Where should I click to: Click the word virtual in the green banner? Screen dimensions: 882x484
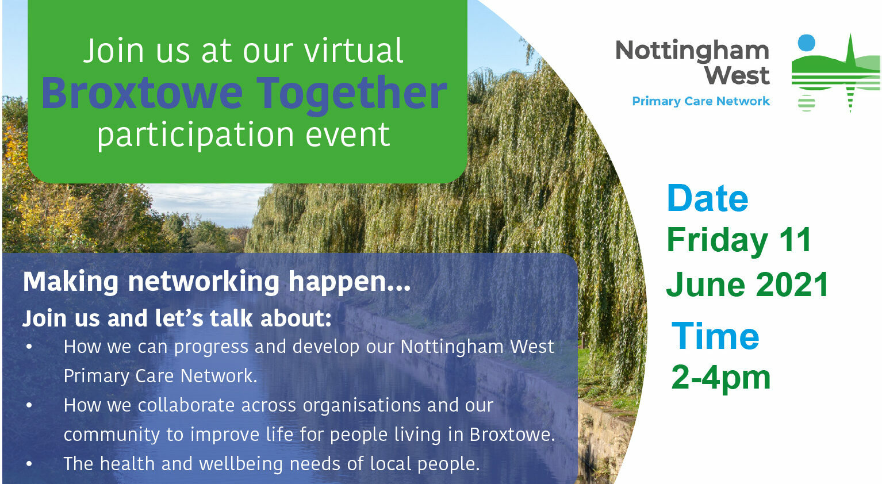tap(354, 51)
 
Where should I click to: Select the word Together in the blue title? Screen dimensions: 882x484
tap(352, 94)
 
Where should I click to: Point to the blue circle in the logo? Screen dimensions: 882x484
tap(806, 43)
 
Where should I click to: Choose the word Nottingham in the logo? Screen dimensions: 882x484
tap(693, 51)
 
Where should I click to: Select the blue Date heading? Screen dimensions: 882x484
tap(708, 198)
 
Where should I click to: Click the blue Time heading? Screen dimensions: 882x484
tap(715, 336)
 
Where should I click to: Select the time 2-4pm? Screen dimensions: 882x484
tap(720, 378)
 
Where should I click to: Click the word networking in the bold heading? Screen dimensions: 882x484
tap(204, 283)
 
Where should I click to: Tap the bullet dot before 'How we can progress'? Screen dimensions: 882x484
tap(29, 347)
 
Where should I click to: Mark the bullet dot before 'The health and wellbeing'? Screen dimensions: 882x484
tap(29, 464)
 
